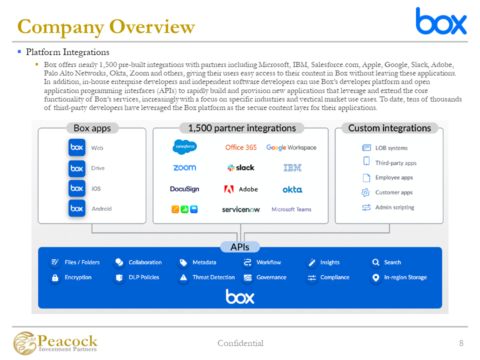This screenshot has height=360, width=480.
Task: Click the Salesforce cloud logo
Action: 184,147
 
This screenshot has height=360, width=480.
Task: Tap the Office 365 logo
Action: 241,147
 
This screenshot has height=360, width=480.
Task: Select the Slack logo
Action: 240,168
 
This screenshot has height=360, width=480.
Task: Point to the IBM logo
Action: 292,168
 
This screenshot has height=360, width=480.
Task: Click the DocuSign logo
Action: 184,189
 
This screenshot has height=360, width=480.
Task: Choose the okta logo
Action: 292,189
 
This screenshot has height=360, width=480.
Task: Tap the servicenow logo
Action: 241,209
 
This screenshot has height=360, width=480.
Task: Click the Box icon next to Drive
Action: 76,168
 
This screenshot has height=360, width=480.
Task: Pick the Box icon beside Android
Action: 76,208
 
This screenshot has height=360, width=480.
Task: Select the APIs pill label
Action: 240,247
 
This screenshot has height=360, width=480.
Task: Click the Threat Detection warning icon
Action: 183,278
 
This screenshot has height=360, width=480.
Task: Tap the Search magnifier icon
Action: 375,262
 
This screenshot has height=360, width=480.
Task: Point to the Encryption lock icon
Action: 55,278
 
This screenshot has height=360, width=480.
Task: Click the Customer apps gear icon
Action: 366,192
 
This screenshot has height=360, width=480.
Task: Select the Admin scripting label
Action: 394,207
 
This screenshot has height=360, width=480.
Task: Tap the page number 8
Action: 461,343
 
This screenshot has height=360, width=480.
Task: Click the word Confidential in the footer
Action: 240,343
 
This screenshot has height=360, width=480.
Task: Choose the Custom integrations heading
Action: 389,128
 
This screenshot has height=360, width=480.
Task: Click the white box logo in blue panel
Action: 240,296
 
